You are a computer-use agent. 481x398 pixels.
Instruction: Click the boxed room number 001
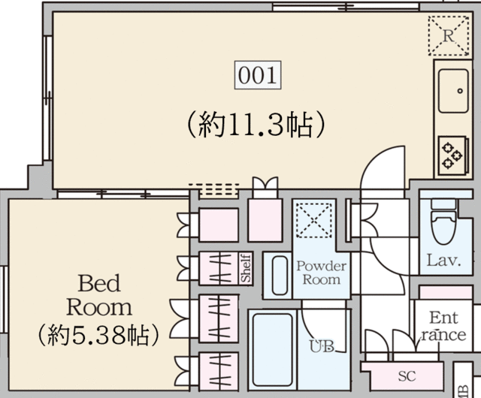[259, 75]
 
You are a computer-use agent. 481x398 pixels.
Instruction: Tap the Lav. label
[443, 261]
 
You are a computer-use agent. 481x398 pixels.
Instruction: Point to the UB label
[322, 346]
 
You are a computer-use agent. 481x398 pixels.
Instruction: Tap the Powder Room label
[320, 273]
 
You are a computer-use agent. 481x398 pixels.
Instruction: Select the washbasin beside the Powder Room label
[279, 276]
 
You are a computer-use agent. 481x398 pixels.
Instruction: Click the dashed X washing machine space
[311, 222]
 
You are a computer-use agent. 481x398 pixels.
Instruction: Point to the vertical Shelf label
[246, 268]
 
